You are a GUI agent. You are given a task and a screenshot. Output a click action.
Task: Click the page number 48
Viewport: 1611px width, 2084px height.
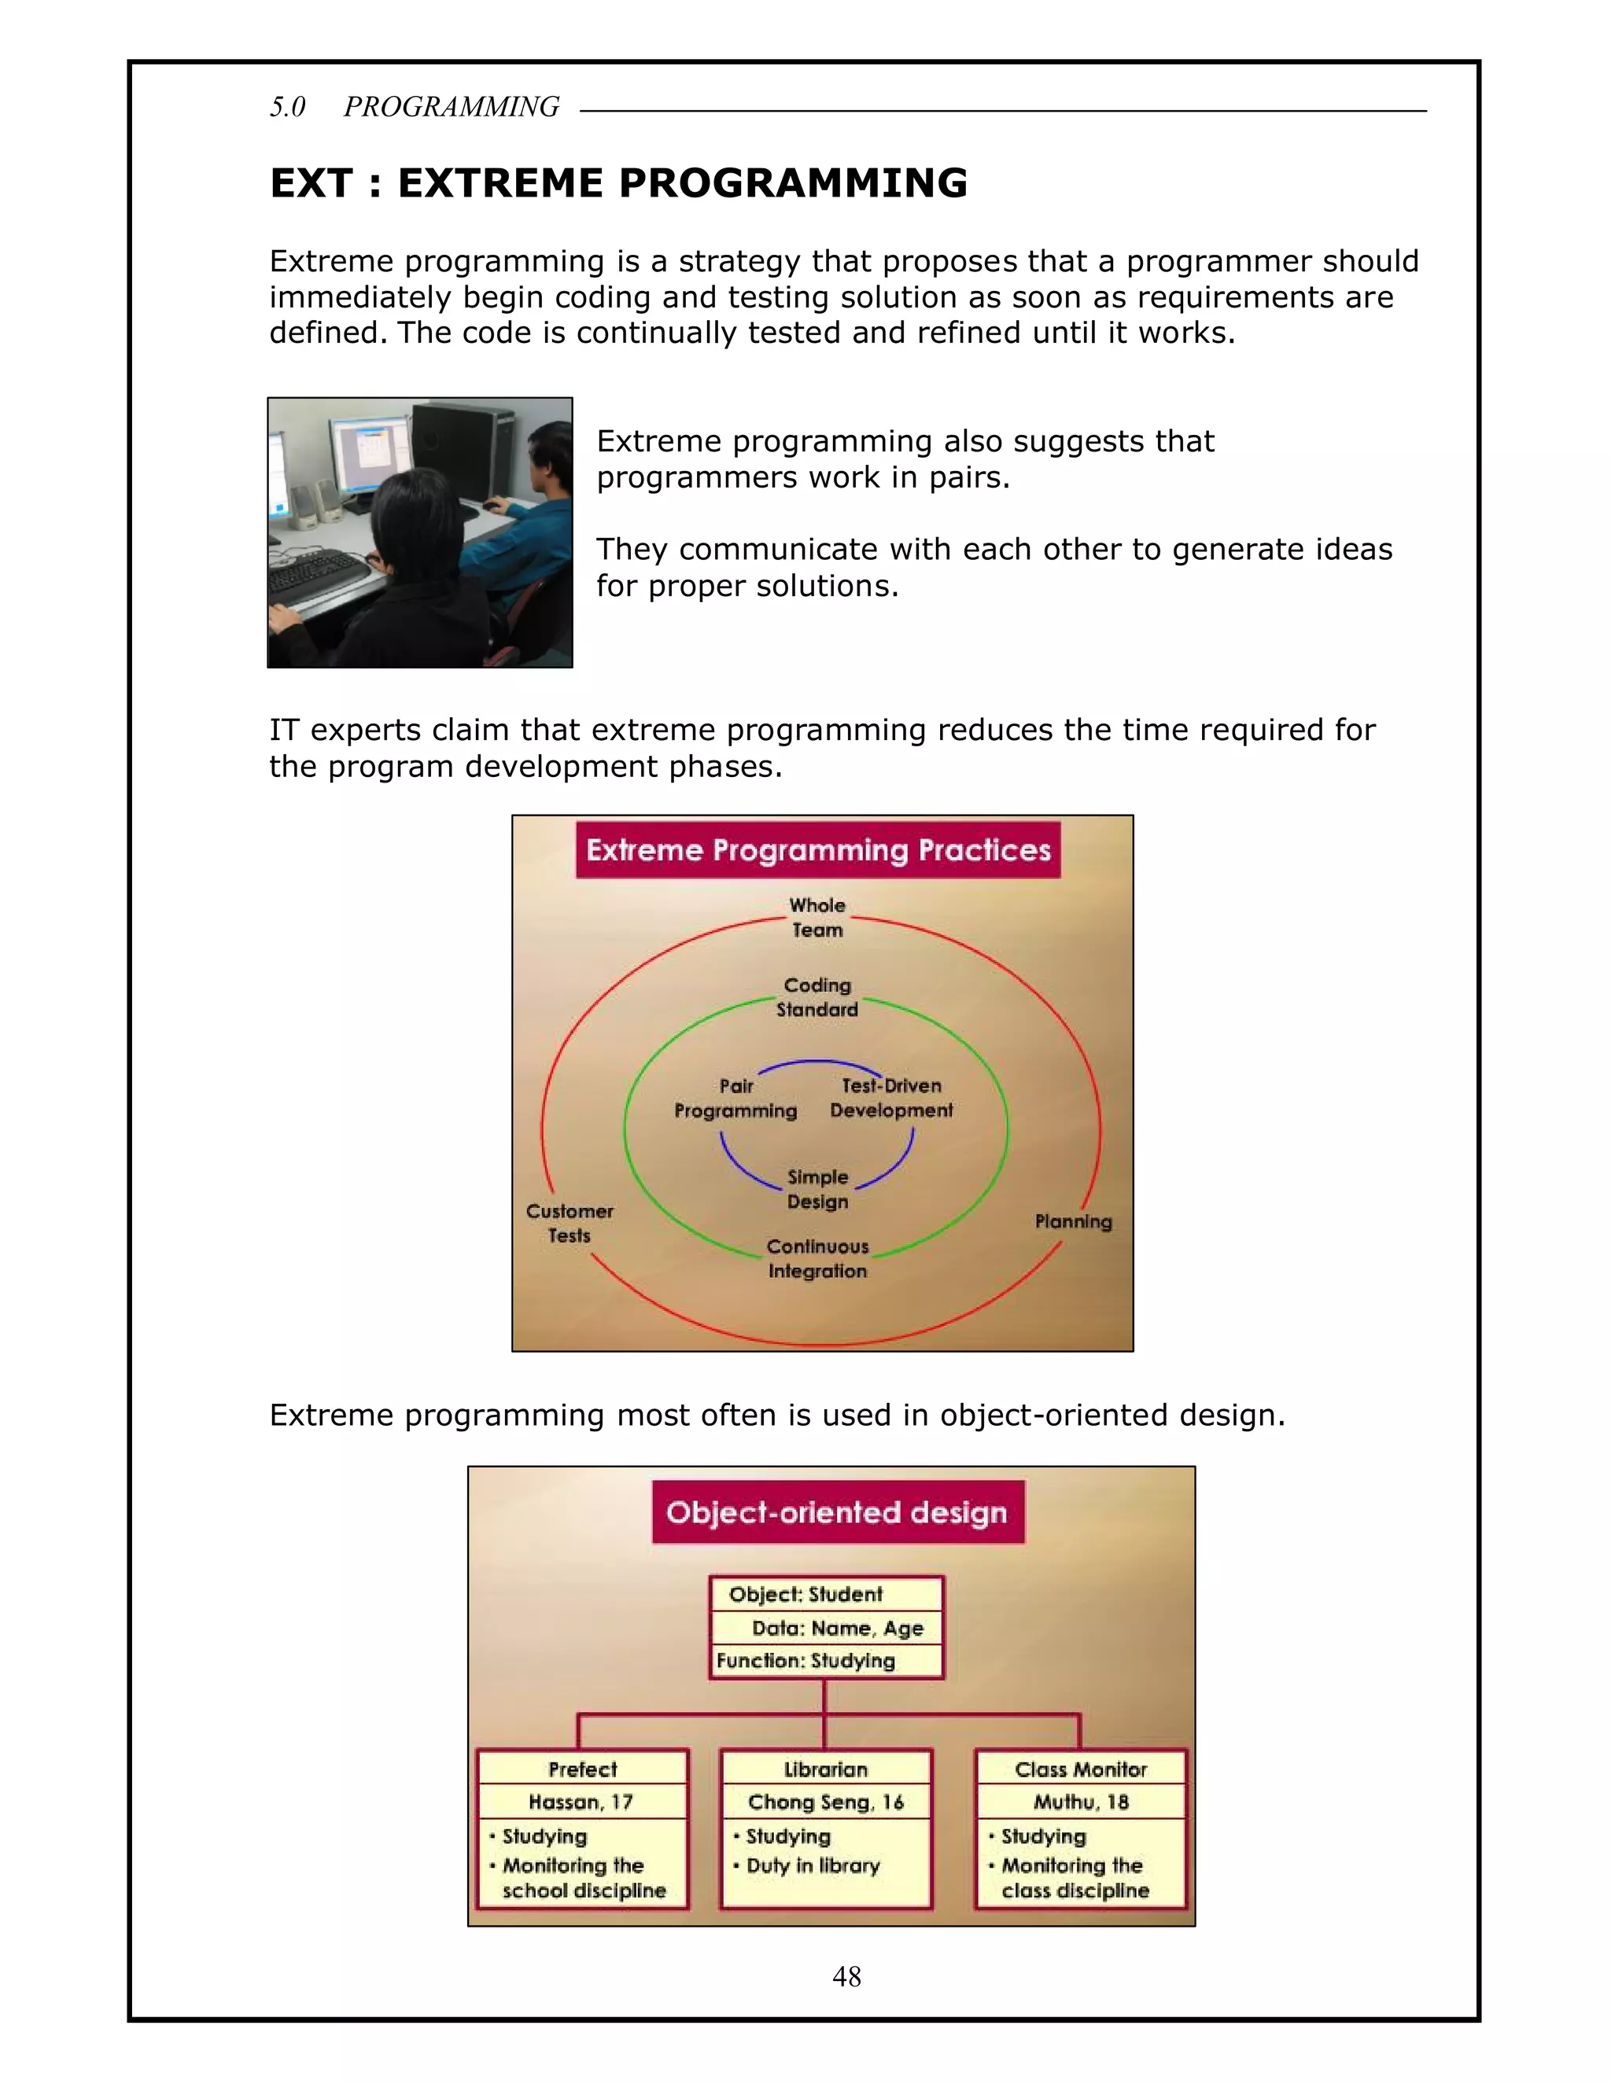click(x=846, y=1976)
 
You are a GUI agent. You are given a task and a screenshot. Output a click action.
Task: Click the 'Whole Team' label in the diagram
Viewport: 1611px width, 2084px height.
click(x=817, y=917)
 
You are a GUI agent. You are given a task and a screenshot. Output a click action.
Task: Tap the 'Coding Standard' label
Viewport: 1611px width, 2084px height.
click(x=817, y=997)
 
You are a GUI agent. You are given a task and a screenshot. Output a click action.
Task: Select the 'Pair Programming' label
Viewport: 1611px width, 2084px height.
click(x=735, y=1099)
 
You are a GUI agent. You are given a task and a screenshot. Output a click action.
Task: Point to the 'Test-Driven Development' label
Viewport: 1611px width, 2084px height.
click(x=891, y=1099)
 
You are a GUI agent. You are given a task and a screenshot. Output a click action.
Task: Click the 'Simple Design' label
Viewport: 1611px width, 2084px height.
click(x=818, y=1189)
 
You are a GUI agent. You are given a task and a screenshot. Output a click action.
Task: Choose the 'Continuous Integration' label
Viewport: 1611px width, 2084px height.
click(x=818, y=1258)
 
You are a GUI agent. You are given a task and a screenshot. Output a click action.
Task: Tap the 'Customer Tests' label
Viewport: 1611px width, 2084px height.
click(x=570, y=1224)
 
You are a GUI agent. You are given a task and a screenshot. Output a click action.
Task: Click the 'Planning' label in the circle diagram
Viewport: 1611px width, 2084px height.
click(x=1074, y=1221)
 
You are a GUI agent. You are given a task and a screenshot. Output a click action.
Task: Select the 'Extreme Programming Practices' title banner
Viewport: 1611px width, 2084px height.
click(x=818, y=850)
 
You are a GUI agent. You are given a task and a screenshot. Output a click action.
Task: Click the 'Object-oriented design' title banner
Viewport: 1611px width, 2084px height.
click(x=837, y=1512)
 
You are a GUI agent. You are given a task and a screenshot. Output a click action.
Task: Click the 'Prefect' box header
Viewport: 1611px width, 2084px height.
click(x=583, y=1769)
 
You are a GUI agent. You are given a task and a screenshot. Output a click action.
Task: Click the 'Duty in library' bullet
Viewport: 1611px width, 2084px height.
click(x=813, y=1865)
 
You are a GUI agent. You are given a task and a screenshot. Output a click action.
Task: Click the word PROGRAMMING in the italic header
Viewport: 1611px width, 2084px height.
click(x=452, y=107)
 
